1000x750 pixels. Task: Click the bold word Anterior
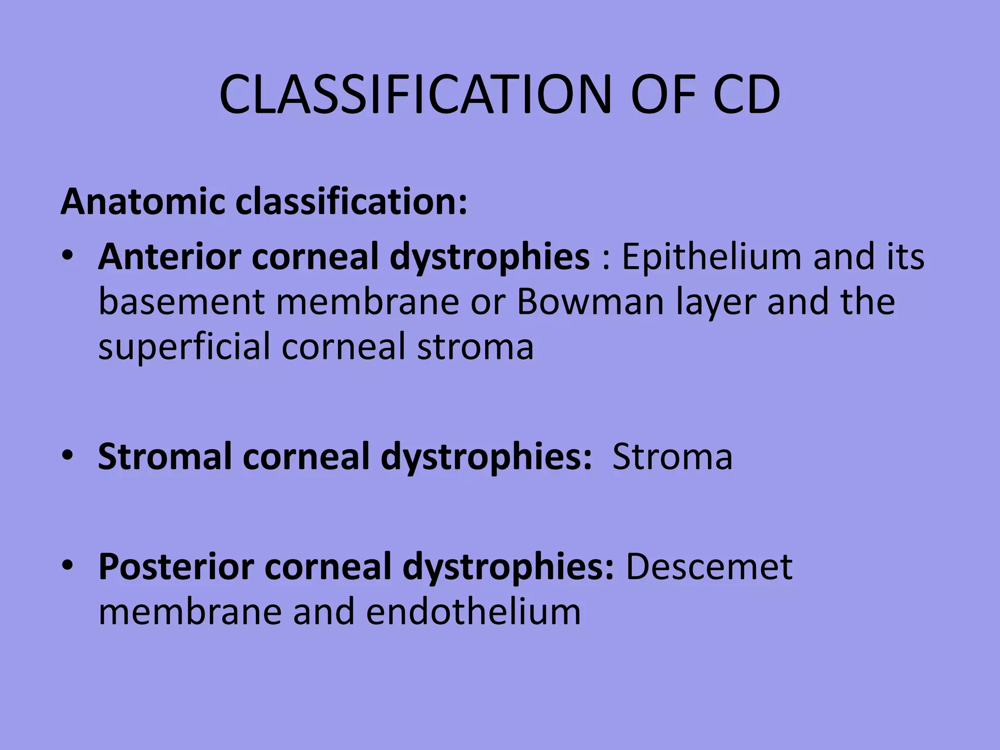(169, 257)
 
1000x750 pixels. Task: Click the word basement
(181, 302)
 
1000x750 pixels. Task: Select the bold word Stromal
(165, 457)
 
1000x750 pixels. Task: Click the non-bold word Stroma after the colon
(672, 457)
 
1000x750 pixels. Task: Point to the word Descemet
(709, 567)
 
